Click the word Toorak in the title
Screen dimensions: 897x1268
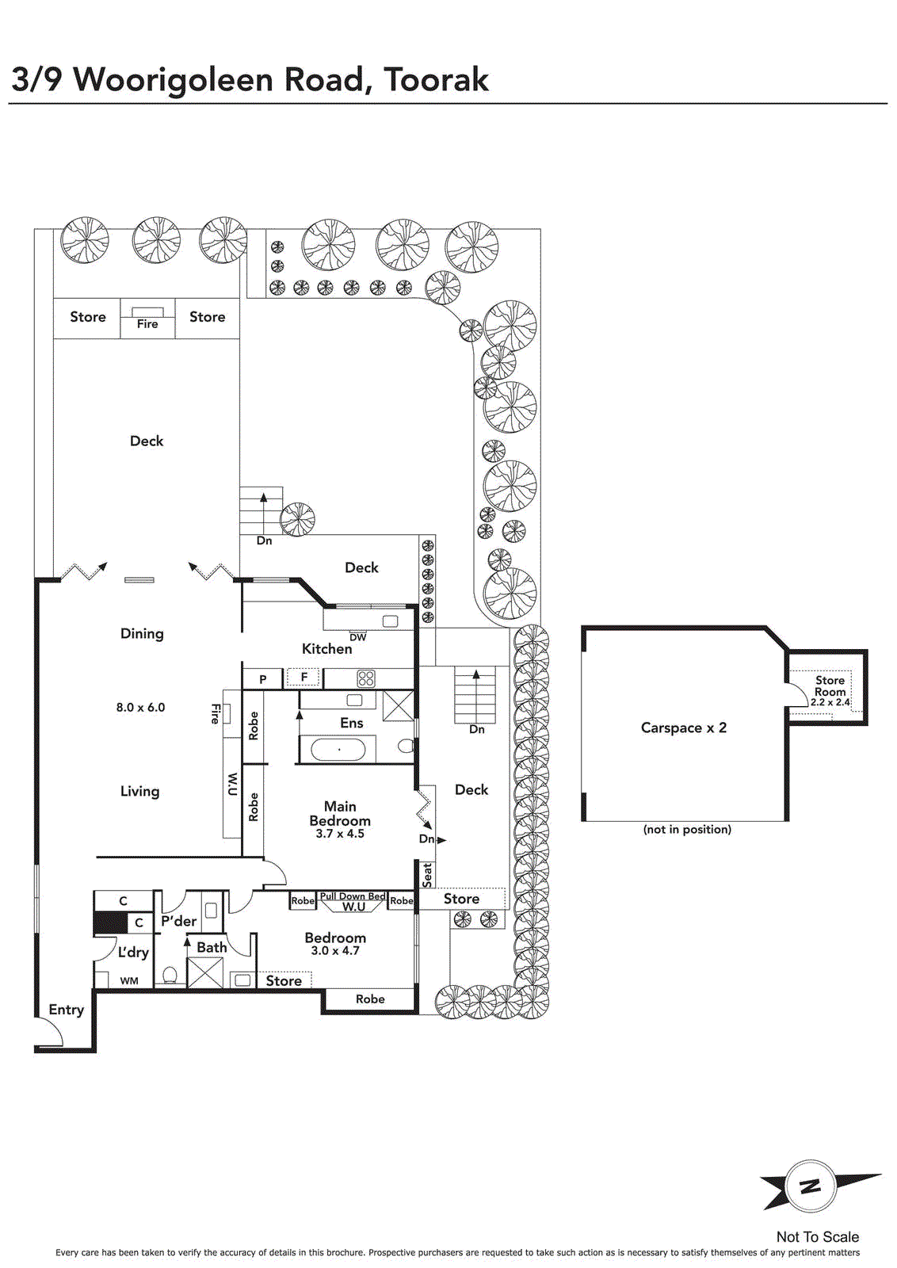[436, 79]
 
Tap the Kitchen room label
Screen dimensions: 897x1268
[326, 649]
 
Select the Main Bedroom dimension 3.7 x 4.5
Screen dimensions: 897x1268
[340, 834]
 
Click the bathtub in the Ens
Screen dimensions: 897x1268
[338, 750]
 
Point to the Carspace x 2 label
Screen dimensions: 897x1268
[684, 728]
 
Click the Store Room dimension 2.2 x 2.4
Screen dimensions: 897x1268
[830, 702]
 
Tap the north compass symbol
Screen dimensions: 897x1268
[811, 1186]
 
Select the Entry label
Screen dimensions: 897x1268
[67, 1010]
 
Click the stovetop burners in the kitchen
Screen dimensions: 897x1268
[366, 678]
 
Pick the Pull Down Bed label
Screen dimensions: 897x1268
[353, 896]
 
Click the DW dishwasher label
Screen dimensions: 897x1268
[357, 637]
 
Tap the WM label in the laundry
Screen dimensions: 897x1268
[129, 981]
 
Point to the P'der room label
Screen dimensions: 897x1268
[179, 921]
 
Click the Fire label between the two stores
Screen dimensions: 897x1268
[147, 324]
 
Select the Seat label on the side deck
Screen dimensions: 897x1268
[427, 875]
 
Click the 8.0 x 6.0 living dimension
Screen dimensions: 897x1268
[140, 708]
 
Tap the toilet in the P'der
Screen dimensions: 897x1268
[170, 976]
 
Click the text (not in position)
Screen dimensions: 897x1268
[687, 830]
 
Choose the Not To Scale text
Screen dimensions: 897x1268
[817, 1237]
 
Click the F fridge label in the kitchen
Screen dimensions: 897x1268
[304, 677]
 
